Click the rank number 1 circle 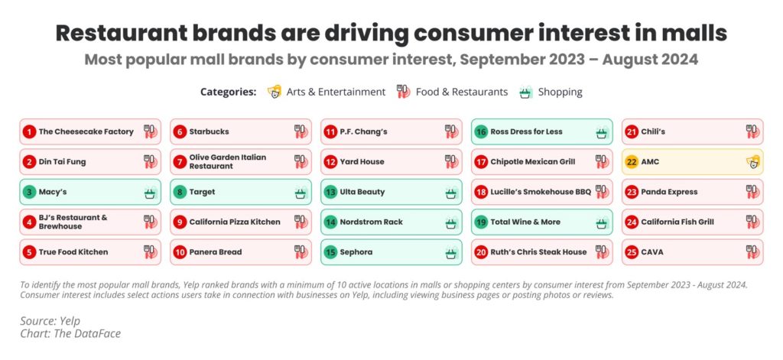point(29,131)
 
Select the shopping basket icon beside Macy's point(150,193)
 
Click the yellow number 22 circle point(632,162)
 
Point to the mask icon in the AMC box point(753,162)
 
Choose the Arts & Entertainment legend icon point(274,92)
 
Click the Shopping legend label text point(560,92)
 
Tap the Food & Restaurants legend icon point(403,92)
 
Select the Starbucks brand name point(209,131)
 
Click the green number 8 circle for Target point(180,192)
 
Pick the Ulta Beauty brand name point(362,192)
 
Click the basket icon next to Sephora point(451,252)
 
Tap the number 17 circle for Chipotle point(481,162)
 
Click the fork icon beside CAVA point(753,252)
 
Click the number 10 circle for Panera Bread point(180,252)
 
